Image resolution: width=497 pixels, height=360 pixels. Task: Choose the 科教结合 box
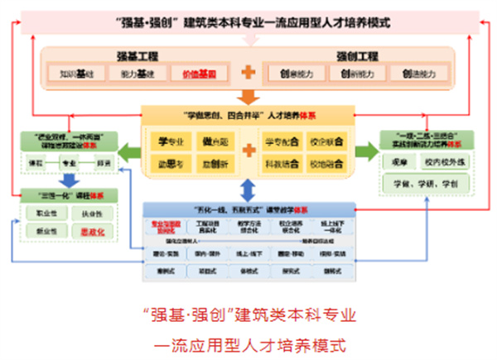pyautogui.click(x=282, y=164)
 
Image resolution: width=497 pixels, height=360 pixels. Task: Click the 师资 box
pyautogui.click(x=105, y=164)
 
